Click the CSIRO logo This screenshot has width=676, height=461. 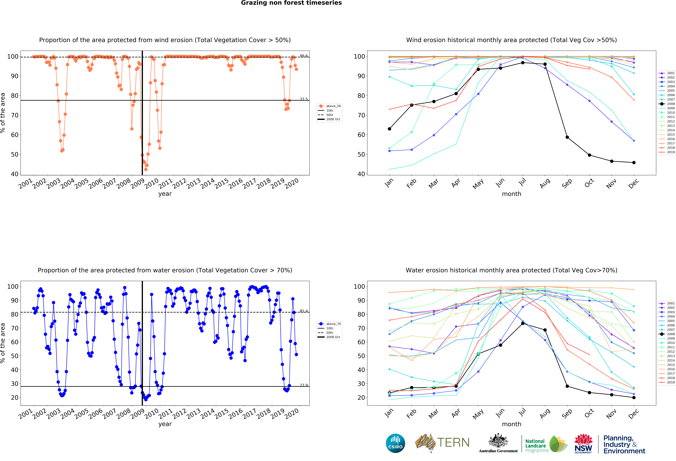click(x=395, y=443)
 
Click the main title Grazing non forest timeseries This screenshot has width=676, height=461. click(x=291, y=3)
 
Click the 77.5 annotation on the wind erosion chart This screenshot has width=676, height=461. click(x=304, y=99)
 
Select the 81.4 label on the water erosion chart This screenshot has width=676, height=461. click(x=304, y=311)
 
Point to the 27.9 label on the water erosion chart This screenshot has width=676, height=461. click(x=304, y=385)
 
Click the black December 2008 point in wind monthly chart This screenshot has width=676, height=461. click(x=634, y=162)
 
